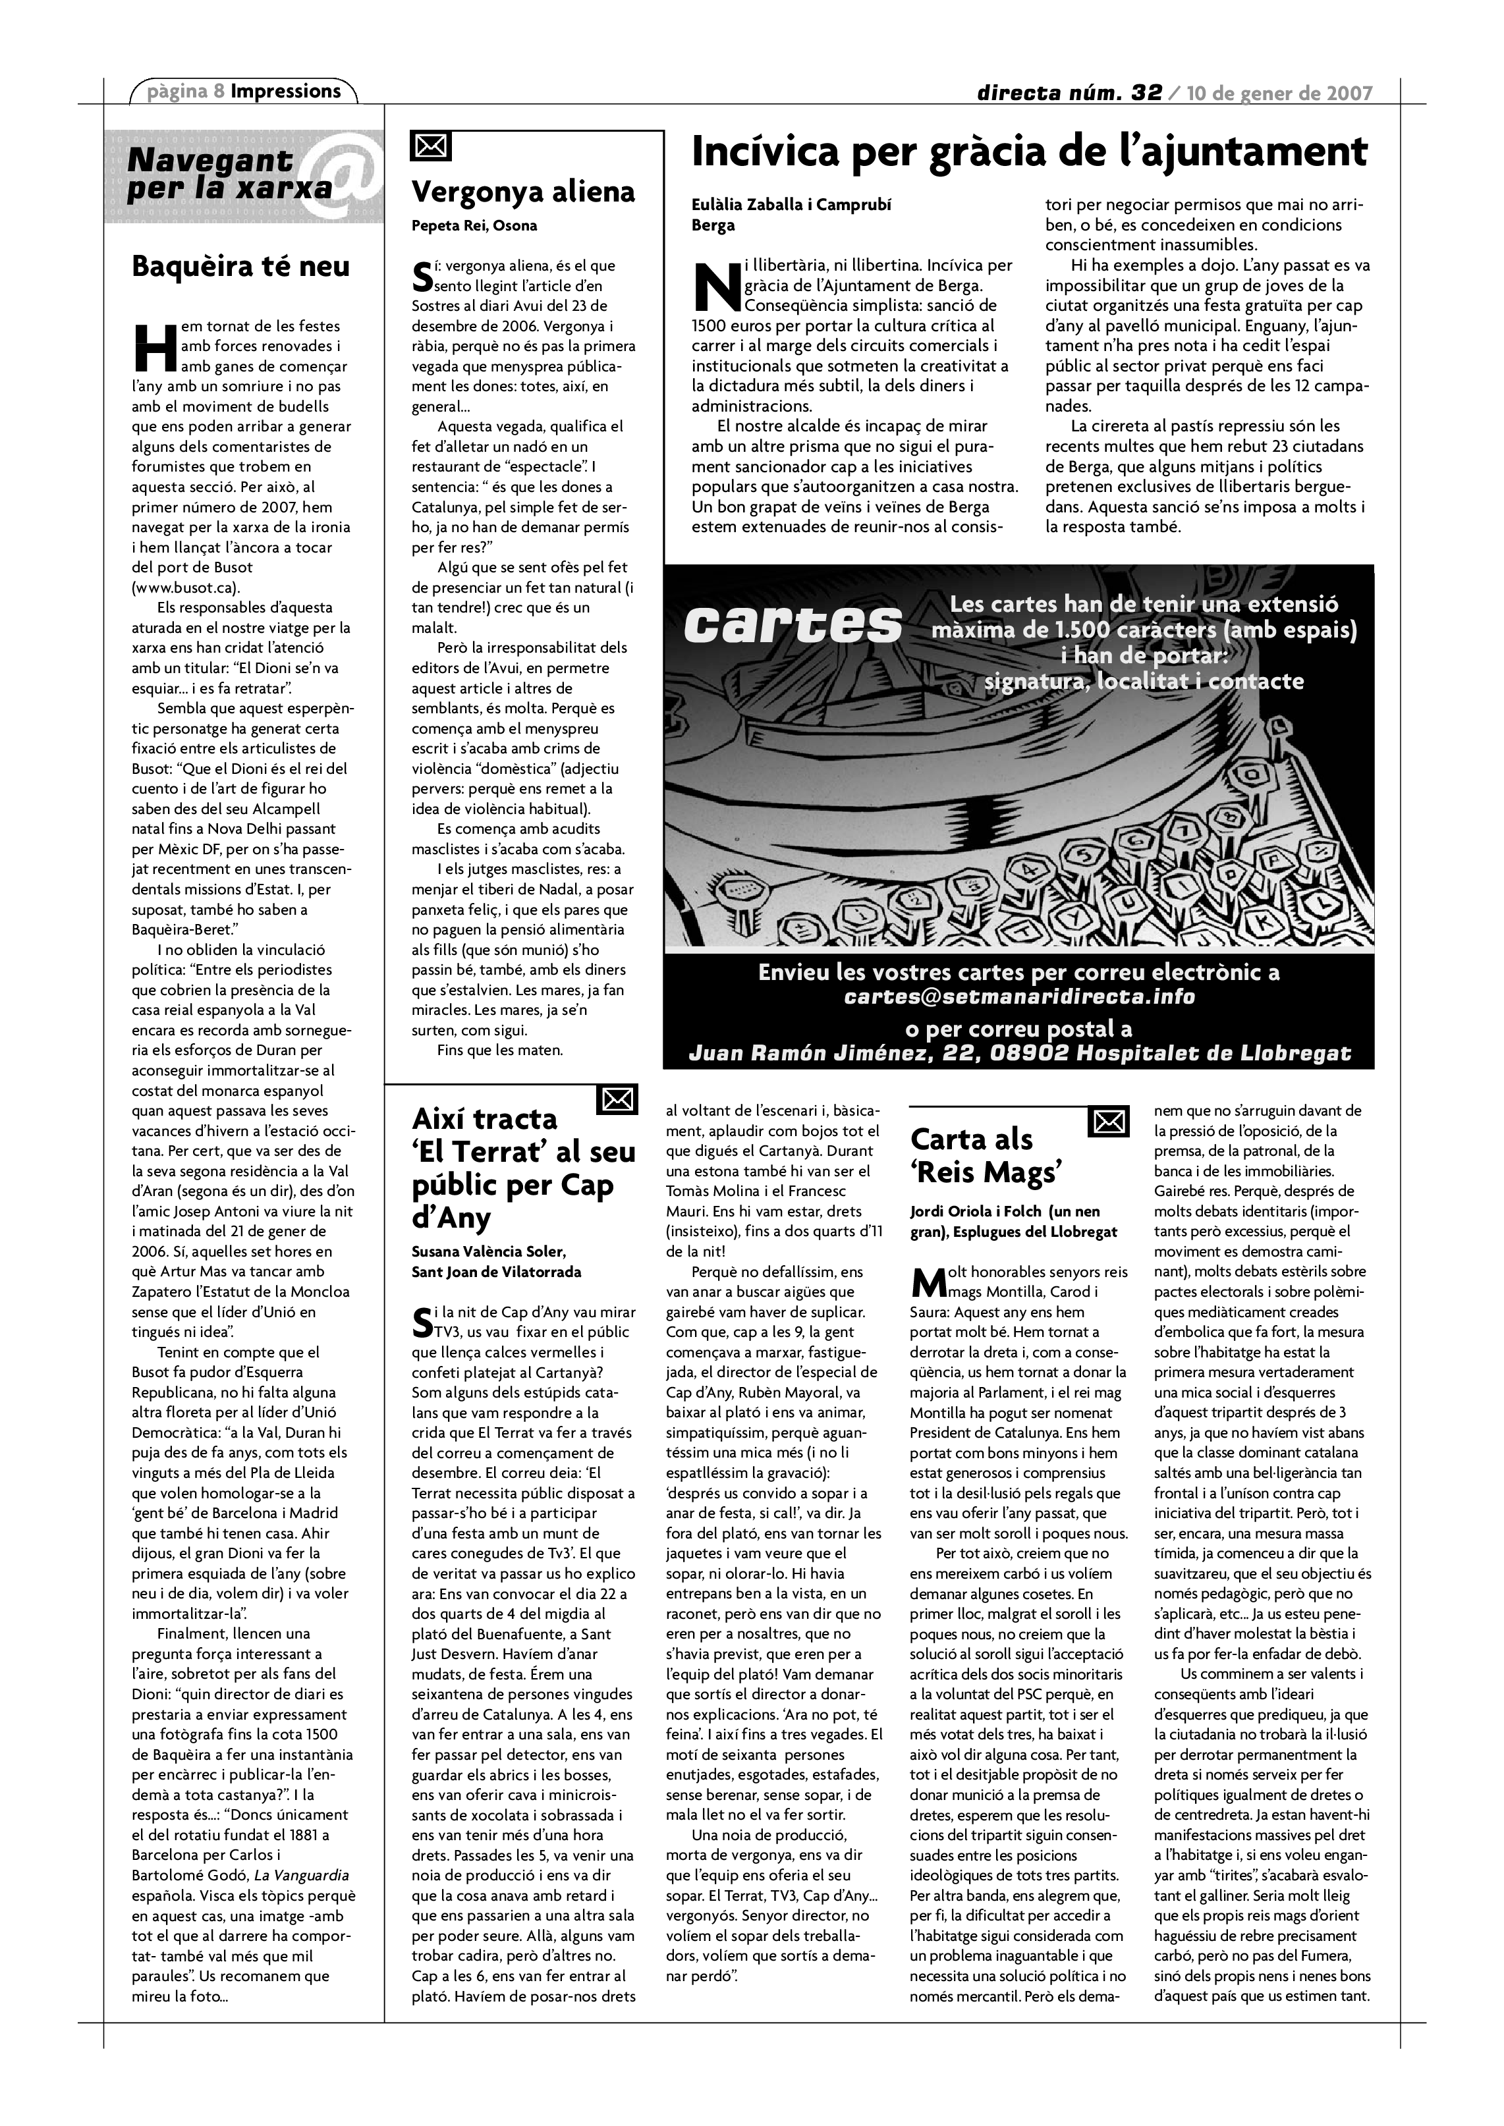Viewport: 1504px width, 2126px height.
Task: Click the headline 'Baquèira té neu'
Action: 241,267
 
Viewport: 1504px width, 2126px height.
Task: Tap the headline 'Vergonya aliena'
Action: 523,192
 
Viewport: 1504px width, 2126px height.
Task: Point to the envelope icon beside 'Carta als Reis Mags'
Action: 1109,1122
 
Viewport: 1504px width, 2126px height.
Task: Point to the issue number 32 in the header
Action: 1146,93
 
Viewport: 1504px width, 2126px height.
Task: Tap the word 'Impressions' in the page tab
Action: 286,91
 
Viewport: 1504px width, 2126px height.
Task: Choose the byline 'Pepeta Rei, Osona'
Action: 474,226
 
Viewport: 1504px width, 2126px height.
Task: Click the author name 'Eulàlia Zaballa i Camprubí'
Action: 792,205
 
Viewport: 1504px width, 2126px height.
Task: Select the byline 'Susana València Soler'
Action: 488,1252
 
